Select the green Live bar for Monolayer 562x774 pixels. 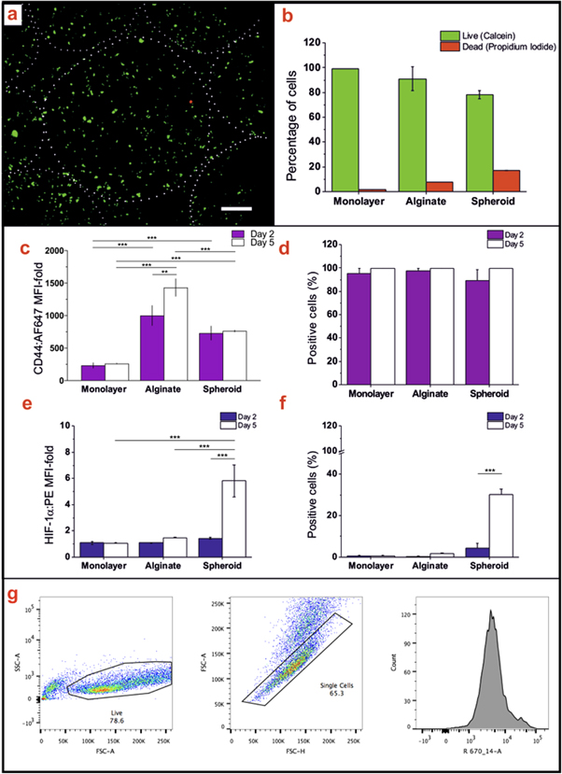344,130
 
